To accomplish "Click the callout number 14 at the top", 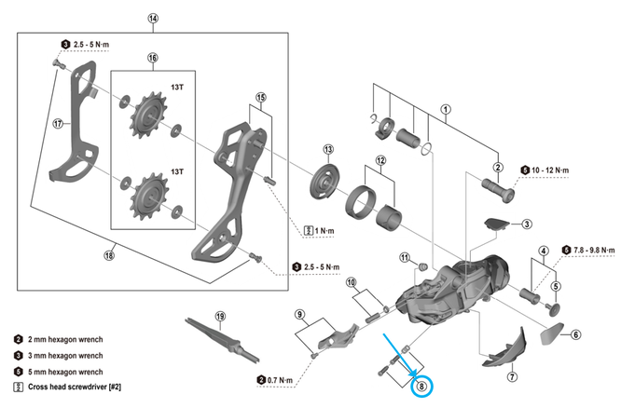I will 153,18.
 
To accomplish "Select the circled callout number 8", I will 423,385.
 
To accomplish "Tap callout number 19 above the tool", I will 221,316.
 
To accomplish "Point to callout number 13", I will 328,149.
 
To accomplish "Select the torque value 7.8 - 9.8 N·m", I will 593,250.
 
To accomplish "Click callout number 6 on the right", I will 575,335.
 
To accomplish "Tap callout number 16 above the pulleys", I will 153,58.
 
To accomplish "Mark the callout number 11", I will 405,257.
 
